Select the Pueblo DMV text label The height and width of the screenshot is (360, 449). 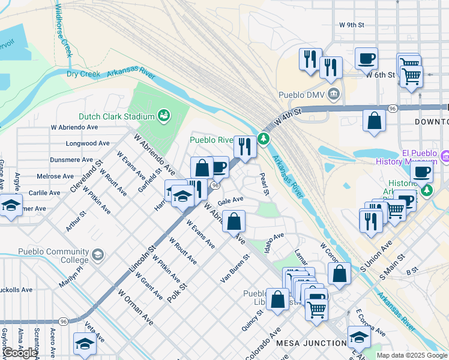coord(301,95)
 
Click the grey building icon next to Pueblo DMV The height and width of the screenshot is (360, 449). coord(334,94)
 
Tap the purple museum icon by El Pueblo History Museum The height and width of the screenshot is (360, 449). coord(445,157)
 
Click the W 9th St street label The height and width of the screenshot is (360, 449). coord(352,25)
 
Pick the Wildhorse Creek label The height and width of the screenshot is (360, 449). coord(64,29)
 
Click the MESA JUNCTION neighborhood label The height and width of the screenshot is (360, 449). coord(311,343)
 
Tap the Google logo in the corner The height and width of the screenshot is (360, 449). coord(20,353)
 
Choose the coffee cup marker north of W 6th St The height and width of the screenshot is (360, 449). coord(366,59)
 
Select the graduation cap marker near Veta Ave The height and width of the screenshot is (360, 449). coord(85,344)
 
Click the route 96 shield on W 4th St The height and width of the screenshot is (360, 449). coord(392,108)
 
